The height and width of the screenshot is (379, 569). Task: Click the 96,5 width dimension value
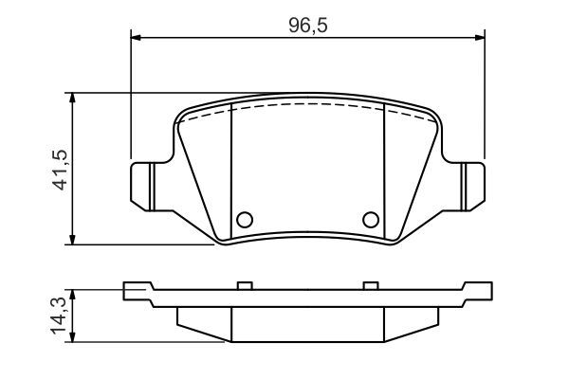pos(307,26)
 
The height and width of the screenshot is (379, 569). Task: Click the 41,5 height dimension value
pos(59,169)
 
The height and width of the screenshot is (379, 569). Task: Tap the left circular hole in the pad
pos(243,220)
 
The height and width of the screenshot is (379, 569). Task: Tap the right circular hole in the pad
pos(371,220)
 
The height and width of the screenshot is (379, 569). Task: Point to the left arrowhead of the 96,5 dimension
pos(135,38)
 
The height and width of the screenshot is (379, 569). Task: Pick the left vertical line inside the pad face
pos(232,171)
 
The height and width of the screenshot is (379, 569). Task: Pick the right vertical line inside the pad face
pos(382,171)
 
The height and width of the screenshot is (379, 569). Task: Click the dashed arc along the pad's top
pos(307,105)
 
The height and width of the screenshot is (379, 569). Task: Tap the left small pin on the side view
pos(244,284)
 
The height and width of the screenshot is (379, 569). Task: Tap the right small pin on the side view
pos(370,284)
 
